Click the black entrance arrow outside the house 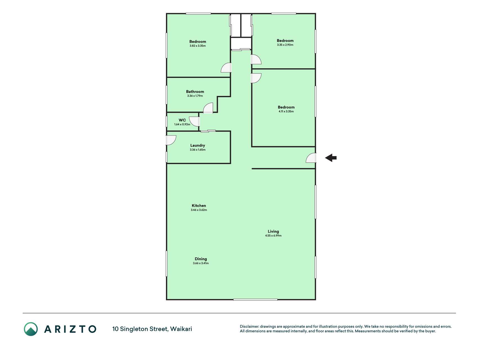tap(331, 158)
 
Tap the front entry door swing tap(311, 158)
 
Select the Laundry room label tap(198, 145)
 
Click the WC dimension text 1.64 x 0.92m tap(182, 124)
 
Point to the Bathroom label tap(195, 91)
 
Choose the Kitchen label tap(199, 206)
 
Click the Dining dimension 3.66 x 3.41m tap(201, 263)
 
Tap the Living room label tap(273, 231)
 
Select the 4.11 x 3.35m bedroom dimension tap(286, 111)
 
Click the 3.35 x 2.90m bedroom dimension tap(285, 45)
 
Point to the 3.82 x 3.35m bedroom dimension tap(198, 46)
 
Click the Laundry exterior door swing tap(171, 140)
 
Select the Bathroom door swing tap(208, 108)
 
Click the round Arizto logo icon tap(31, 329)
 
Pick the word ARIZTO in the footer tap(70, 329)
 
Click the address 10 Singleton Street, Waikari tap(152, 329)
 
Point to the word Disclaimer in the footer tap(249, 327)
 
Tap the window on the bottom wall tap(255, 300)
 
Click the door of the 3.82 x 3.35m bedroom tap(226, 68)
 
